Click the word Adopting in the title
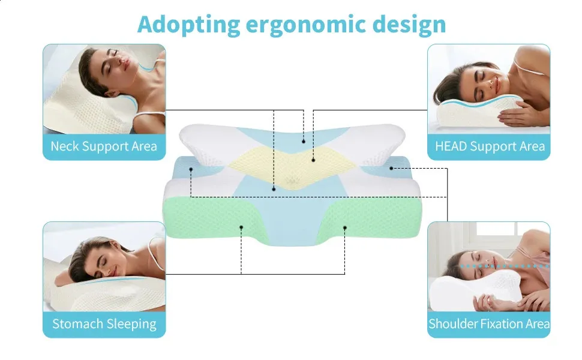[x=188, y=25]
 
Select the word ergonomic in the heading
[x=306, y=25]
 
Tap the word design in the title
[x=409, y=24]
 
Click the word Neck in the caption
[x=65, y=146]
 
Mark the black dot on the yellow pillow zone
[x=313, y=160]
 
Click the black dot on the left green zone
[x=241, y=227]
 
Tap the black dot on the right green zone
[x=345, y=227]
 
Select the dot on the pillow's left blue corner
[x=191, y=169]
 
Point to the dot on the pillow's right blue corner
[x=391, y=168]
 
